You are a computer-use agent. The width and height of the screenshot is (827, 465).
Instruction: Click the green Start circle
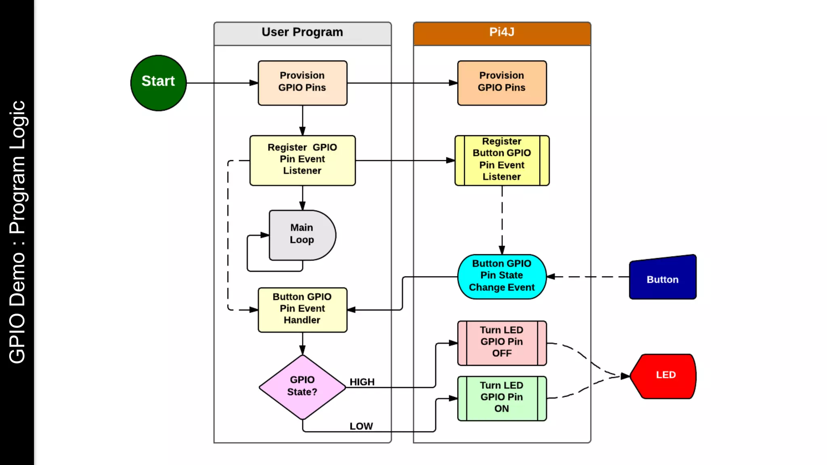coord(158,83)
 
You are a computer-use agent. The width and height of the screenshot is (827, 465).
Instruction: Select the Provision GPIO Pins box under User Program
coord(302,83)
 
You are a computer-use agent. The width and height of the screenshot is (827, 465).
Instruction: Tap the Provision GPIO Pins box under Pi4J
coord(502,83)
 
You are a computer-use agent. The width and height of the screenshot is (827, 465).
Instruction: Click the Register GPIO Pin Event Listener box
coord(302,160)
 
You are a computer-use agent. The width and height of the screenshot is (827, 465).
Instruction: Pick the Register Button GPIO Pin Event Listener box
coord(502,160)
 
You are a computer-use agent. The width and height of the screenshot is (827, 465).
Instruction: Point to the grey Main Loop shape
coord(301,235)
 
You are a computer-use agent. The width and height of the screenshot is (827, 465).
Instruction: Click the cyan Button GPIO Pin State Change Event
coord(502,276)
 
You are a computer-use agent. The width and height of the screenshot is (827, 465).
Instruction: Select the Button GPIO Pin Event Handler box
coord(302,310)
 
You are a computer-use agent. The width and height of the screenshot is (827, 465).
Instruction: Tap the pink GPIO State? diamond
coord(302,387)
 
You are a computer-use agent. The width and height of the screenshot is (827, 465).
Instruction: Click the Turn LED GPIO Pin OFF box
coord(502,343)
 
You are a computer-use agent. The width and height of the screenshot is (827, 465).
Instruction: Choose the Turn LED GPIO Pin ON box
coord(502,398)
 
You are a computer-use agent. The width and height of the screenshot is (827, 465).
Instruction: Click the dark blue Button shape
coord(662,279)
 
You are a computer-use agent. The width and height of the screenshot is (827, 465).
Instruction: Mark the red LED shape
coord(664,376)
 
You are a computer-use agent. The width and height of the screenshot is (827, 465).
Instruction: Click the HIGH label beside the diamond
coord(362,381)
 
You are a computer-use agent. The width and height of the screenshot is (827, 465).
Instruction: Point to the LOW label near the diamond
coord(361,426)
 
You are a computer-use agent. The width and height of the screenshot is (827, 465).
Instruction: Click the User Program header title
coord(302,32)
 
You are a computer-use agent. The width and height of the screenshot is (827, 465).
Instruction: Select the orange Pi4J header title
coord(502,32)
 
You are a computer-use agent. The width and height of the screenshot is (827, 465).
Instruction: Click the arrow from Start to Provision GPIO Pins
coord(222,83)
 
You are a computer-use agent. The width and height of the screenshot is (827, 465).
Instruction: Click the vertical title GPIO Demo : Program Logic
coord(17,232)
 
